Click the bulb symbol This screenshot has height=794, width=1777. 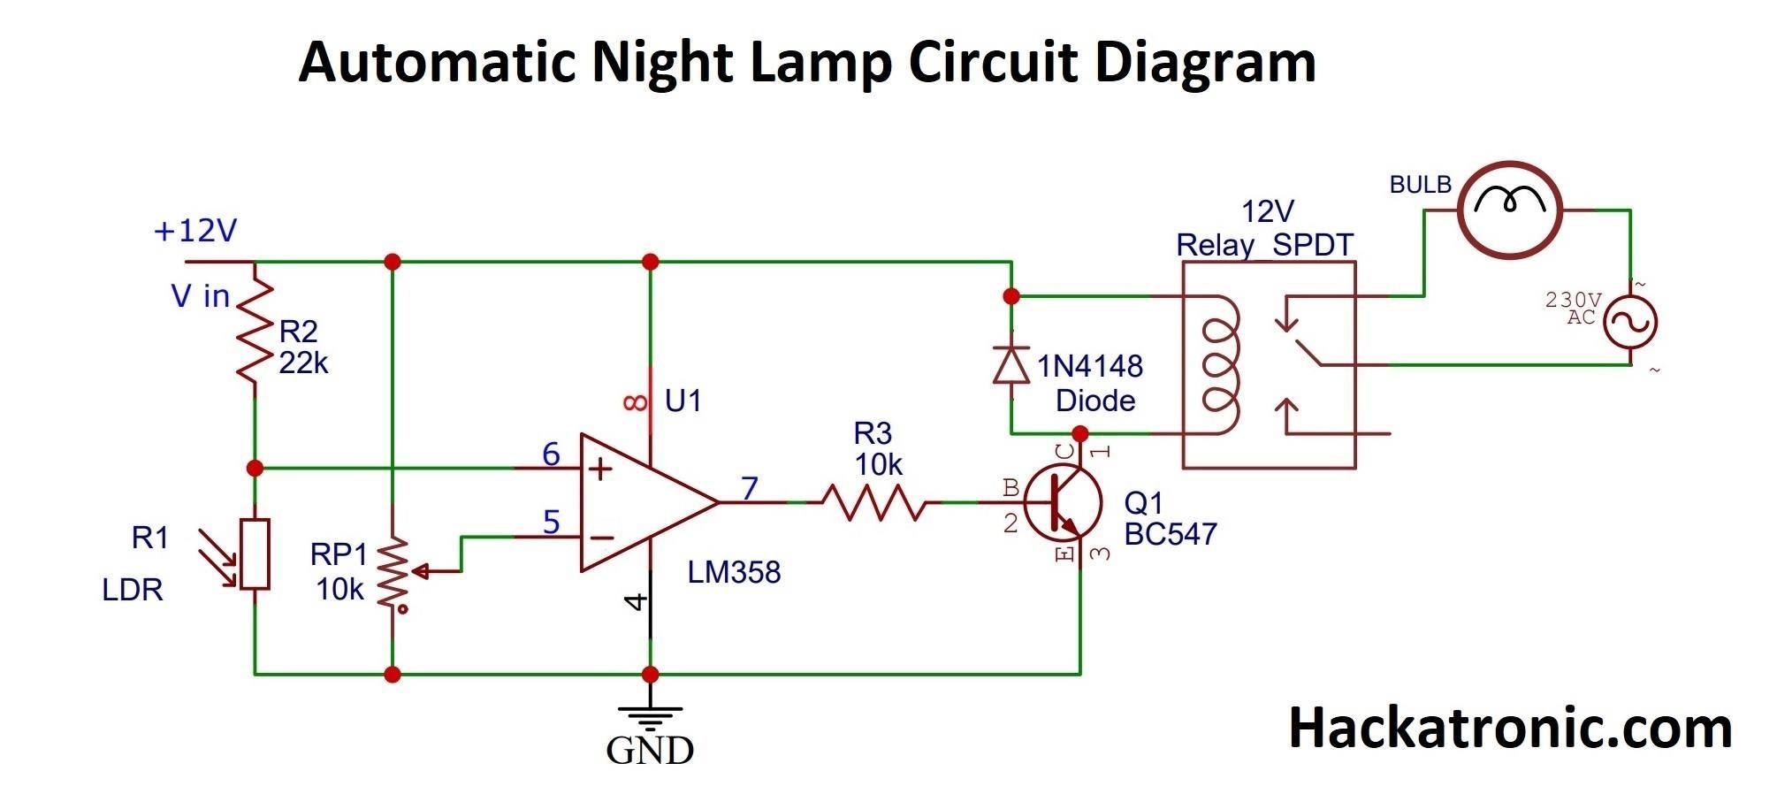[1509, 210]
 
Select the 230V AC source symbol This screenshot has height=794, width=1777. [1630, 323]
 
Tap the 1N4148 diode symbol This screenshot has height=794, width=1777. [1011, 364]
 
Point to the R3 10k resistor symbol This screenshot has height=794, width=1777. [873, 502]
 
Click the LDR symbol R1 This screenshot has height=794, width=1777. [255, 554]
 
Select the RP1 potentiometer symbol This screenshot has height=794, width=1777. [393, 572]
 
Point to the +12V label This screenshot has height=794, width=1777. [195, 231]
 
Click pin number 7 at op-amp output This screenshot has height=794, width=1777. [750, 487]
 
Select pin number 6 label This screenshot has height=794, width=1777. [551, 454]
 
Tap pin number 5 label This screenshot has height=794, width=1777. [551, 523]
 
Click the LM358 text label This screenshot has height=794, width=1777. [734, 573]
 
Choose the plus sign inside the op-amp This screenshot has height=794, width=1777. [600, 469]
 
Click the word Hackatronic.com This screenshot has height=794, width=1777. [1509, 729]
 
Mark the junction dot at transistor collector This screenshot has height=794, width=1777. [1079, 433]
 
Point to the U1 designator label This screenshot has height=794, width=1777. [683, 401]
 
